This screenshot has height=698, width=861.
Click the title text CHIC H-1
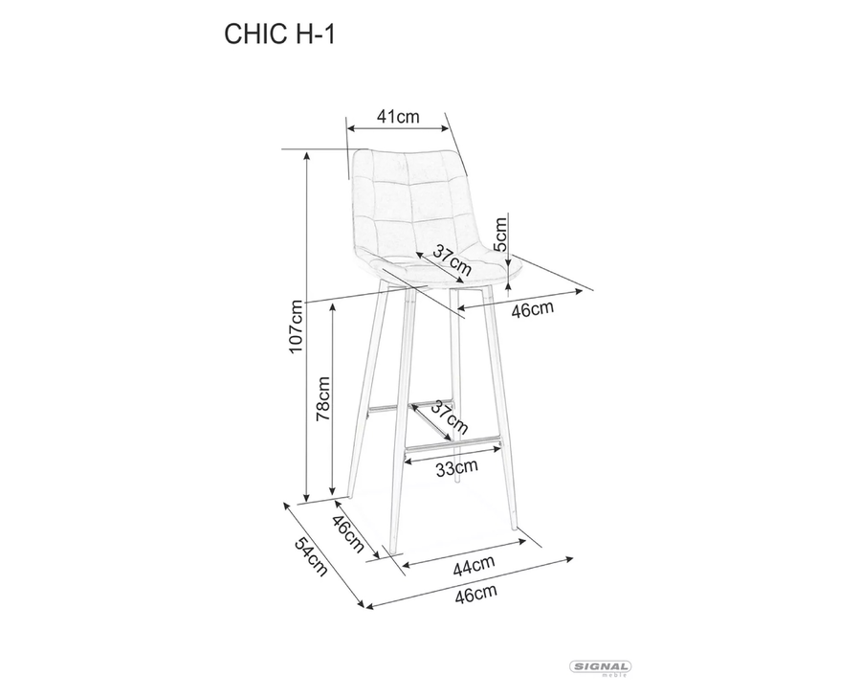coord(279,34)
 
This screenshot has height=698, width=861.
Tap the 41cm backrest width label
coord(398,117)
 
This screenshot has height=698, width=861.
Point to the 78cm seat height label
coord(322,398)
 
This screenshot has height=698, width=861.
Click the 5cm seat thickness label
coord(500,234)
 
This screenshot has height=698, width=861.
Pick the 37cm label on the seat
coord(453,260)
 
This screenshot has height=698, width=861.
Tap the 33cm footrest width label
coord(457,467)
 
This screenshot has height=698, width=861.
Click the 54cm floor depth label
coord(311,556)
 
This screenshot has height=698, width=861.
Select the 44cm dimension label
coord(474,566)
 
